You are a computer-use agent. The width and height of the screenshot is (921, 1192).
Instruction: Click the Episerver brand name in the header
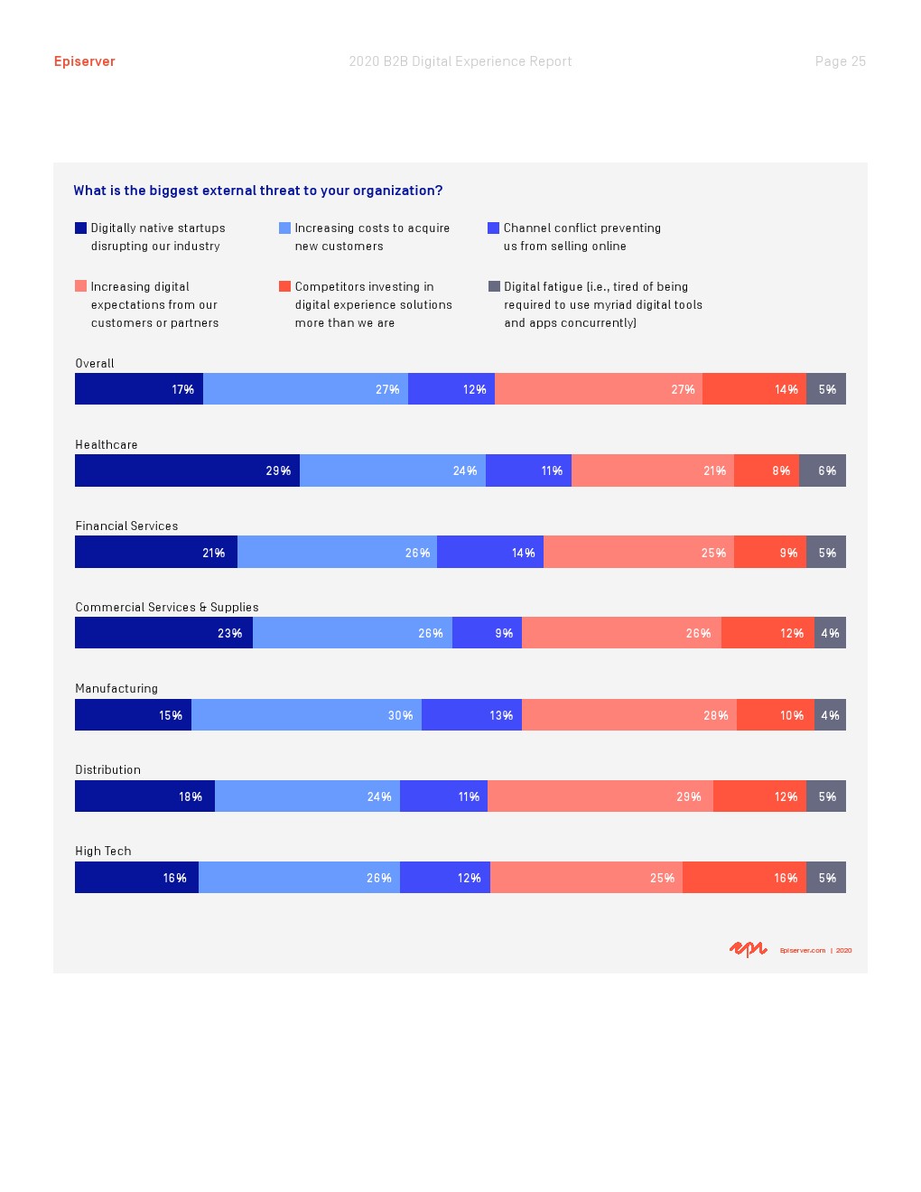click(x=84, y=61)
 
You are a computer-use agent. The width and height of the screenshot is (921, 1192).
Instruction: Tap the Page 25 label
click(x=840, y=61)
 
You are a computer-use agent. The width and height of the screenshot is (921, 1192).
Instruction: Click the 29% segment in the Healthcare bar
click(x=187, y=470)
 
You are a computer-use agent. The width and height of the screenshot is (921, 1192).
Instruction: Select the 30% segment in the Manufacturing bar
click(x=306, y=714)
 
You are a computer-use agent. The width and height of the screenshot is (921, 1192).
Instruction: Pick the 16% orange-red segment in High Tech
click(x=744, y=877)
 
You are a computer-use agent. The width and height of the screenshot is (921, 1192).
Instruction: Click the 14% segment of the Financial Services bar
click(x=490, y=552)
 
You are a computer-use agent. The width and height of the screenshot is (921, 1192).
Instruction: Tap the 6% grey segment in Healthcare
click(x=823, y=470)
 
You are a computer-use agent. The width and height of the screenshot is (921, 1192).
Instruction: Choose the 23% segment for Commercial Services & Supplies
click(x=163, y=633)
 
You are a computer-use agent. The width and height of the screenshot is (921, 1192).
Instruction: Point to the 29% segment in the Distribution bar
click(x=600, y=796)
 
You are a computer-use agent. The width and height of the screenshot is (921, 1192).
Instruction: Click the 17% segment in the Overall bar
click(x=139, y=389)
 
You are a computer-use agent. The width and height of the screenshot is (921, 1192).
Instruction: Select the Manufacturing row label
click(x=116, y=688)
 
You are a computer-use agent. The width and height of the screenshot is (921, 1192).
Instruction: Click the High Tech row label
click(x=103, y=851)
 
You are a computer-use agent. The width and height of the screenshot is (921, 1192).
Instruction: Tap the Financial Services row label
click(x=126, y=526)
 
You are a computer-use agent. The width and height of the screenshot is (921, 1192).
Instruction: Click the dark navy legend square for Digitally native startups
click(x=80, y=228)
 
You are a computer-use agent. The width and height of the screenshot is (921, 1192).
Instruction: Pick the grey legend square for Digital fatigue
click(x=494, y=286)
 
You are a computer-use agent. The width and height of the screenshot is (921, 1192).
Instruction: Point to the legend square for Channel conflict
click(x=493, y=228)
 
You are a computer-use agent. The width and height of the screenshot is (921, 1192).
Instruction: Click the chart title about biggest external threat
click(x=258, y=191)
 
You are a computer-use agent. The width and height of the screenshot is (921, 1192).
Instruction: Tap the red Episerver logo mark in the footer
click(x=748, y=949)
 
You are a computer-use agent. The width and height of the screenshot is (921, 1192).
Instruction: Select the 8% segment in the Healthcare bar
click(x=767, y=470)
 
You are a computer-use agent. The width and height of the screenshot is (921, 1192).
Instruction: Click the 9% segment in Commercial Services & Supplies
click(x=487, y=633)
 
